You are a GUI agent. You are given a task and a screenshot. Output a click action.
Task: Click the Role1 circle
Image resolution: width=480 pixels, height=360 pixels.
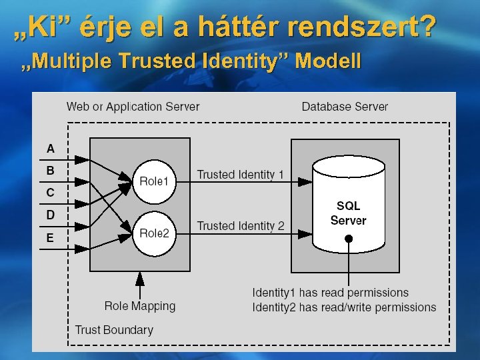(x=155, y=181)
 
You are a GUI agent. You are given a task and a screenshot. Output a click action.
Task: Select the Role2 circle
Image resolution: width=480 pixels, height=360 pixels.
(x=155, y=233)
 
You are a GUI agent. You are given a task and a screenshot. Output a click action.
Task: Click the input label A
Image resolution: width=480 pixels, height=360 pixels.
(x=51, y=148)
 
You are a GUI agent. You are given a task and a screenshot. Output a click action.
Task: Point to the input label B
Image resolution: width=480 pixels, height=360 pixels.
(x=51, y=171)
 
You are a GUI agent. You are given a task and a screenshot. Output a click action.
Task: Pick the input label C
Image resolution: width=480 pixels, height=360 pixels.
(x=51, y=193)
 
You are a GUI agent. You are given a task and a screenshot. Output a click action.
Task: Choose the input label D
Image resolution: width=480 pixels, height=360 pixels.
(x=51, y=215)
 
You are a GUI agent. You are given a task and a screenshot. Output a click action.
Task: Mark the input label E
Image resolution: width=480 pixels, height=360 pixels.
(x=51, y=237)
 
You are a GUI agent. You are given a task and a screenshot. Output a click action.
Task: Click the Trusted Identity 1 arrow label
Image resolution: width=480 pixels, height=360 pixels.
(x=240, y=175)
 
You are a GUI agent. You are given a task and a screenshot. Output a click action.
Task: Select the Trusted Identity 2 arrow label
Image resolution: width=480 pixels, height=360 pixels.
(x=240, y=226)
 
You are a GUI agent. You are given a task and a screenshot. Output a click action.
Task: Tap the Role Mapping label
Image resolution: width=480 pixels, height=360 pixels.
(x=140, y=306)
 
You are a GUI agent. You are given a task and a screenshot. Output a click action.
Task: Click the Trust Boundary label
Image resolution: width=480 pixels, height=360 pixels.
(x=114, y=329)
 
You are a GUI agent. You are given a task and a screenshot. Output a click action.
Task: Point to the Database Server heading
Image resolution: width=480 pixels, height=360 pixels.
(x=345, y=107)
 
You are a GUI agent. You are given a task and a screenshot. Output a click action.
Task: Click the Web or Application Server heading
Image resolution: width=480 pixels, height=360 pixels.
(x=133, y=107)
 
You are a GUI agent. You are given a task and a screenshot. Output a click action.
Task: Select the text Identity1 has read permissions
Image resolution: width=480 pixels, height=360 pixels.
(x=330, y=293)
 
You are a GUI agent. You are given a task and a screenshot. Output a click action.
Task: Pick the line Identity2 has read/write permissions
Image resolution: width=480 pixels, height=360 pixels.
(x=344, y=307)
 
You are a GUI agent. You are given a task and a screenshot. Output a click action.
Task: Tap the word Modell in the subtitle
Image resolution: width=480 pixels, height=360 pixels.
(x=331, y=62)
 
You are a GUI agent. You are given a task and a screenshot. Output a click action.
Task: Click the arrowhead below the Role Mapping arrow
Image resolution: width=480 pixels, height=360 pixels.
(x=140, y=276)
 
